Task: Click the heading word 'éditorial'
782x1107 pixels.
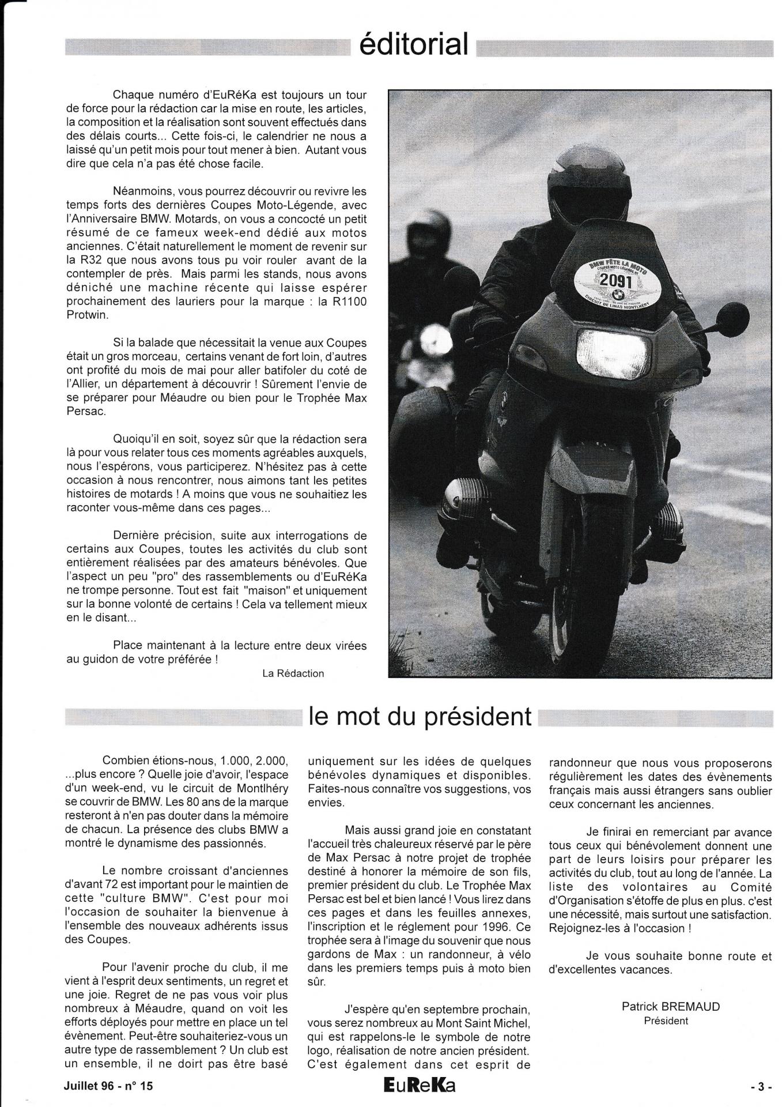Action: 413,44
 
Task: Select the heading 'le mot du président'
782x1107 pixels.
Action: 420,717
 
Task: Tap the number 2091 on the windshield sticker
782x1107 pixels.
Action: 615,281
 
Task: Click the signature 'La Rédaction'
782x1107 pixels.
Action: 293,673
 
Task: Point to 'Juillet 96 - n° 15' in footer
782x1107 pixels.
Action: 109,1086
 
